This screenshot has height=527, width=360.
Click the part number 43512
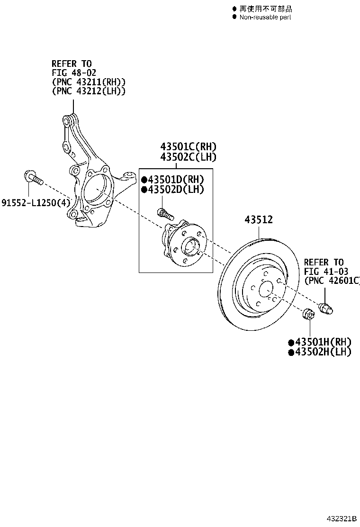(259, 220)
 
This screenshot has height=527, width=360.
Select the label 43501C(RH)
(189, 146)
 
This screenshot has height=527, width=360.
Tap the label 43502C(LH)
(189, 157)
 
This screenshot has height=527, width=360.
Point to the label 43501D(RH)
(172, 180)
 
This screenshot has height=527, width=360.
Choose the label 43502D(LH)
(172, 190)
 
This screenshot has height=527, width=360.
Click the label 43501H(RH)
(320, 342)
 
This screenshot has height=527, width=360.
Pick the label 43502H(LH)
(320, 352)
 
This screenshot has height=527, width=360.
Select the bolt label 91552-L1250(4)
(36, 203)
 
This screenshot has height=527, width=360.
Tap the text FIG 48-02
(74, 73)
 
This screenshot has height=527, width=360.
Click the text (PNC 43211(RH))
(89, 82)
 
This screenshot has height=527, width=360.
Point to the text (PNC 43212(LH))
(89, 91)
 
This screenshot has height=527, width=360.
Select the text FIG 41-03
(326, 271)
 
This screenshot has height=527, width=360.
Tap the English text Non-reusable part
(265, 17)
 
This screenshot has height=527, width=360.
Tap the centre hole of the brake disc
(266, 289)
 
